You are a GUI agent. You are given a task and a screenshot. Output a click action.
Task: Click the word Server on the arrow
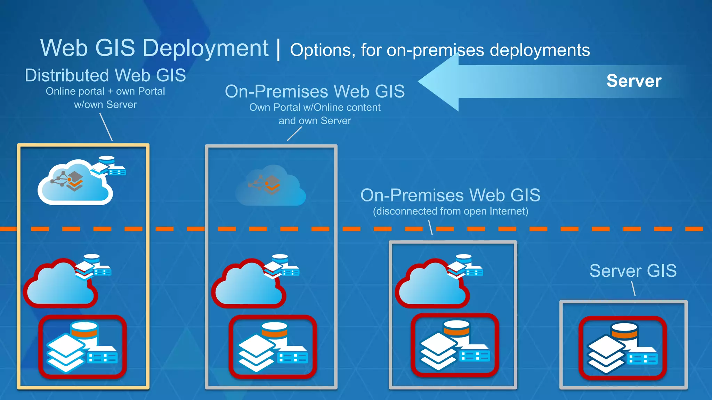pyautogui.click(x=634, y=81)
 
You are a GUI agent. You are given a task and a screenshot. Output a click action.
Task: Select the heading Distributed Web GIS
pyautogui.click(x=105, y=75)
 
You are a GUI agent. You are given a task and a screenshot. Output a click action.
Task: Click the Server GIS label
pyautogui.click(x=633, y=271)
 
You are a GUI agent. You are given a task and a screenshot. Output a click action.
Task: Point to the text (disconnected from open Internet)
pyautogui.click(x=451, y=211)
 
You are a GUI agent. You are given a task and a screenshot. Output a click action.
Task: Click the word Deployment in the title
pyautogui.click(x=205, y=48)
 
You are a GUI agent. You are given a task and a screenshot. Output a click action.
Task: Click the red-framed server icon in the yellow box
pyautogui.click(x=82, y=347)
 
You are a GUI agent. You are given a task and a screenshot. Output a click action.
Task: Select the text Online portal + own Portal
pyautogui.click(x=105, y=91)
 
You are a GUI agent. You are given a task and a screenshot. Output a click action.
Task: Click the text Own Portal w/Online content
pyautogui.click(x=315, y=107)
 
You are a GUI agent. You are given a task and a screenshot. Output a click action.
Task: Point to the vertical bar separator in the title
pyautogui.click(x=278, y=49)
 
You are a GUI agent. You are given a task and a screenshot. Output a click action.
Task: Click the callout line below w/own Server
pyautogui.click(x=106, y=127)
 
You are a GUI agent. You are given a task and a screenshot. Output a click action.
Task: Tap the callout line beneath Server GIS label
pyautogui.click(x=633, y=289)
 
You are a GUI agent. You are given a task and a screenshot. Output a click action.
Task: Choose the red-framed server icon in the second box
pyautogui.click(x=273, y=347)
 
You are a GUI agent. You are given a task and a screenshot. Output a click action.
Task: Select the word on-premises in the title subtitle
pyautogui.click(x=435, y=50)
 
